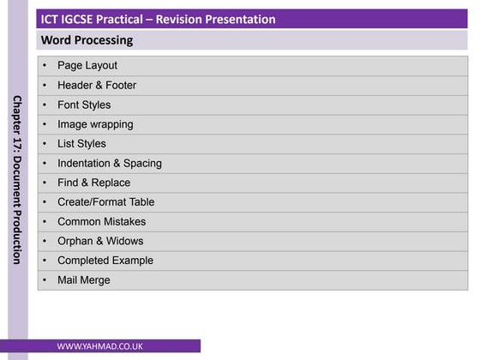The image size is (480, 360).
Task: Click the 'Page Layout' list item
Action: tap(87, 65)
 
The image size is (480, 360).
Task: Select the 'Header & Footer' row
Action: tap(96, 85)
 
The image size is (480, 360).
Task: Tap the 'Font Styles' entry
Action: tap(83, 105)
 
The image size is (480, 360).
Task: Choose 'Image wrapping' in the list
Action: tap(94, 124)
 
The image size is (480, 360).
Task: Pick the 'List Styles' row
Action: tap(81, 144)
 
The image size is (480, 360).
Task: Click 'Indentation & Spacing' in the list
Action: tap(109, 163)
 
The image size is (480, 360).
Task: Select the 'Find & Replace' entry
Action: tap(93, 183)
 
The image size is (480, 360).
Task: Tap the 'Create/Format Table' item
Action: tap(105, 202)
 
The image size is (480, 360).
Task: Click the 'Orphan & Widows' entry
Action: tap(100, 241)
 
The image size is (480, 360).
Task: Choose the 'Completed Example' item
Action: tap(105, 261)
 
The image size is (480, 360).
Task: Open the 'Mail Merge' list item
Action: tap(83, 280)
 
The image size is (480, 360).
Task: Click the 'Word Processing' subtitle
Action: tap(87, 40)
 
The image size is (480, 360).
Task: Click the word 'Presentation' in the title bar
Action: tap(241, 19)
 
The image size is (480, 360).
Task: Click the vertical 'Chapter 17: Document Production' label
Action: tap(17, 179)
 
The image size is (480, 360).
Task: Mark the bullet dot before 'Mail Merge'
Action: tap(45, 280)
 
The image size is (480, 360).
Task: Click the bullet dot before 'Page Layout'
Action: tap(45, 65)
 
